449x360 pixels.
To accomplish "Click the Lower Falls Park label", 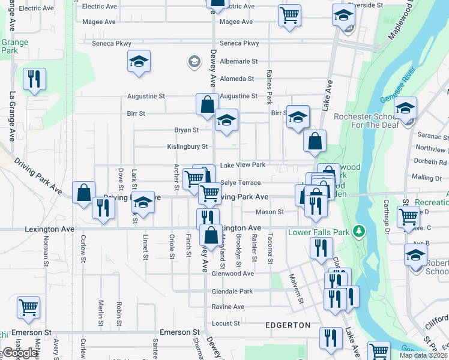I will click(x=319, y=232).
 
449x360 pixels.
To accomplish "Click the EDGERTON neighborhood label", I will click(x=289, y=325).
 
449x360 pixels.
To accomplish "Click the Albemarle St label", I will click(x=238, y=61).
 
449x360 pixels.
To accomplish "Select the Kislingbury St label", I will click(x=187, y=146).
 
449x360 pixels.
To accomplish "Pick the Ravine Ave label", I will click(x=228, y=307).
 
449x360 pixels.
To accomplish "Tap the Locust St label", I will click(x=227, y=323).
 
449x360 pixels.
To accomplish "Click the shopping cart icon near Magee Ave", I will click(x=289, y=14).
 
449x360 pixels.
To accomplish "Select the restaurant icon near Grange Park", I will click(x=34, y=79).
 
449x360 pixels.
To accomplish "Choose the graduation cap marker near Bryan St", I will click(x=226, y=120).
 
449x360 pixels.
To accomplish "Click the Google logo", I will click(x=20, y=353).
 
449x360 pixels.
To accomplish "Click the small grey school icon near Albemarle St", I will click(x=194, y=61).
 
